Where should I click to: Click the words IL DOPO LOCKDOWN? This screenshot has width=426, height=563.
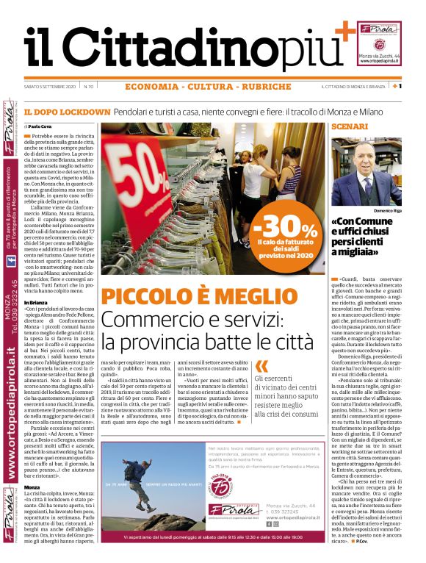(x=67, y=112)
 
